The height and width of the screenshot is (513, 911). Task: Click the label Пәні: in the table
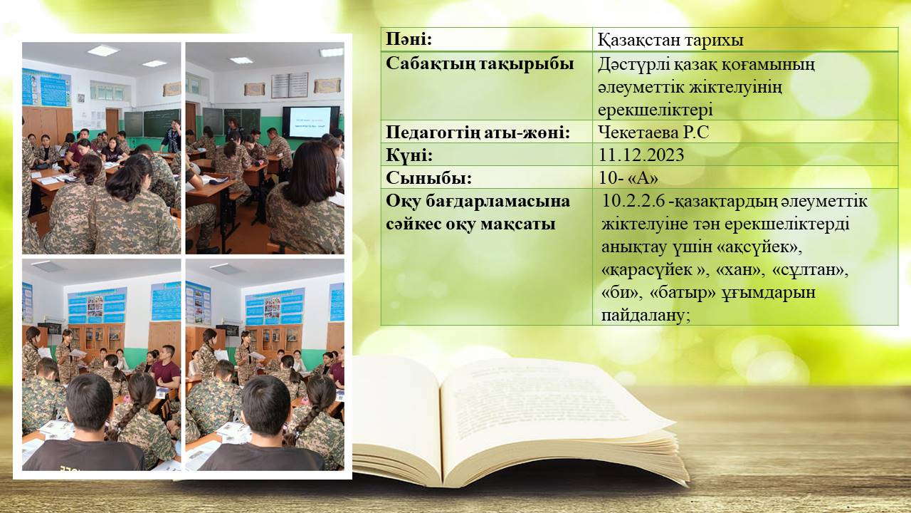(409, 40)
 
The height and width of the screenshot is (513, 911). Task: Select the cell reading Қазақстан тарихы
(670, 40)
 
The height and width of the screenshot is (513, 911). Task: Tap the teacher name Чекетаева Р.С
(653, 133)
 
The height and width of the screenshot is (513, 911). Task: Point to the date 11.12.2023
(641, 155)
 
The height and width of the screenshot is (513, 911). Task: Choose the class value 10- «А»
(628, 178)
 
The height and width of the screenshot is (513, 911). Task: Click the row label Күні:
(409, 155)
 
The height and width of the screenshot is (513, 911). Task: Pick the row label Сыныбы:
(428, 178)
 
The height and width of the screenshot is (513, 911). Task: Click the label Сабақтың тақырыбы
(480, 64)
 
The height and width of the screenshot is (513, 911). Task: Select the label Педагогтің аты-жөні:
(478, 133)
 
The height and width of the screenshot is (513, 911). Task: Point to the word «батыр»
(683, 293)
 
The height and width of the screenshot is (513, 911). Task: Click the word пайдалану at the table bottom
(646, 316)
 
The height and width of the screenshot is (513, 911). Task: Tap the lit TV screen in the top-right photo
(310, 122)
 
